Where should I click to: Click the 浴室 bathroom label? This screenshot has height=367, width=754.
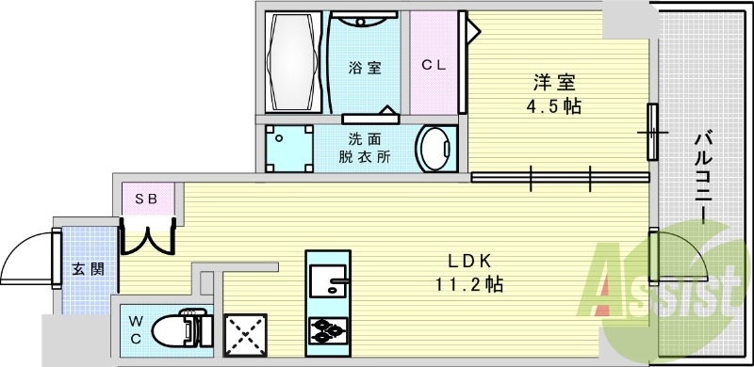click(365, 67)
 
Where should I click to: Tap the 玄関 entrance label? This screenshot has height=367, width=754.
click(82, 268)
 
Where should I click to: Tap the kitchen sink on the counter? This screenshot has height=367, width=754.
click(328, 279)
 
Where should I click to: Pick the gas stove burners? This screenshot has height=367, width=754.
click(328, 330)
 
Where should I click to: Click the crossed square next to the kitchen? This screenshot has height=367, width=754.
click(245, 334)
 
